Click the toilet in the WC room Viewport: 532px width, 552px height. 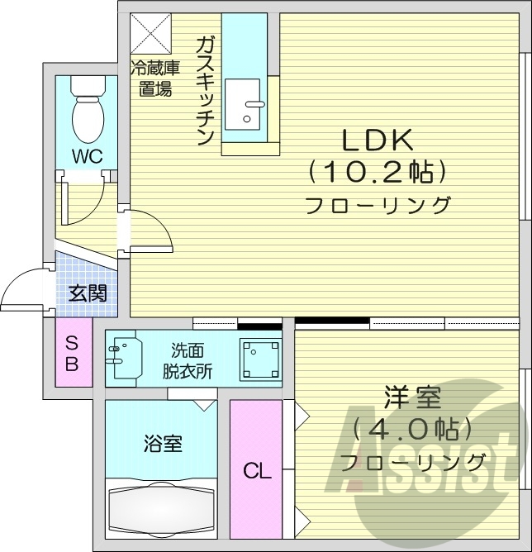[x=86, y=112]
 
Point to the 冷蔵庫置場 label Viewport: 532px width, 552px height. [x=154, y=79]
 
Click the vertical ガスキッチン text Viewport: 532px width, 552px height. [x=206, y=91]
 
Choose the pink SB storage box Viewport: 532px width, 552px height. [x=72, y=354]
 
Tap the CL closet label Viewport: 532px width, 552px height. [x=257, y=472]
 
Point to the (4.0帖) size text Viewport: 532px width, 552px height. [x=411, y=429]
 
